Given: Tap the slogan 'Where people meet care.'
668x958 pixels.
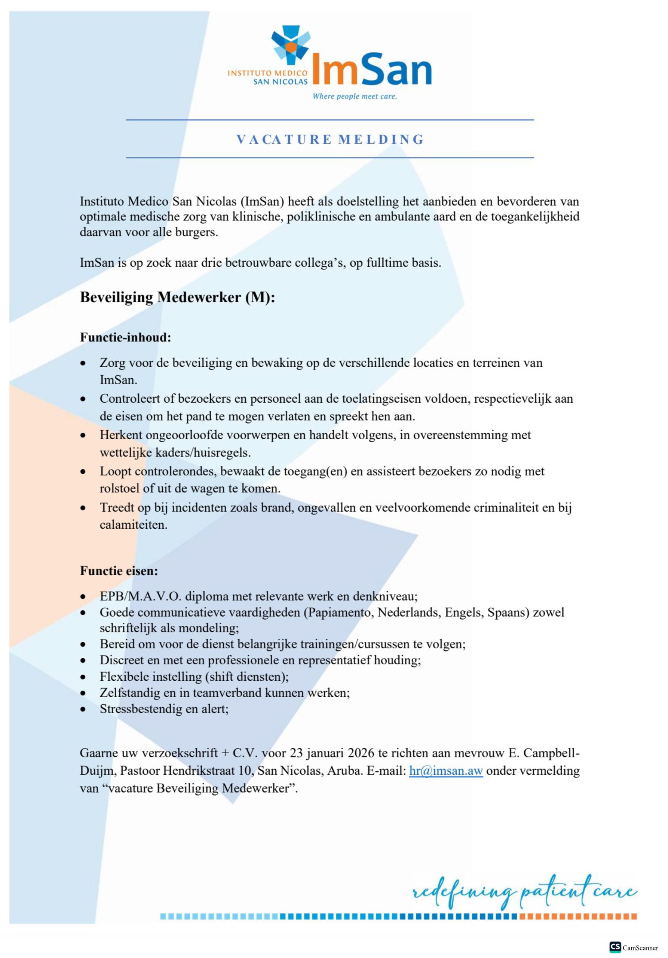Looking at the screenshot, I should pyautogui.click(x=355, y=97).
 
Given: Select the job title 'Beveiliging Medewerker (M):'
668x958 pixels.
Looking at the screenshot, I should pyautogui.click(x=177, y=297).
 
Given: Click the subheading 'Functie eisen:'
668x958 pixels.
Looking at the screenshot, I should pyautogui.click(x=119, y=571).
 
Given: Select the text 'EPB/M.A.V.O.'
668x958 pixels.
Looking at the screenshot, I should pyautogui.click(x=141, y=596).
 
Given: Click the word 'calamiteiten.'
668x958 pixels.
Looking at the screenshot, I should pyautogui.click(x=134, y=525).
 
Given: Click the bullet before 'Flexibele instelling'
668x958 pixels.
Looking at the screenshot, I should pyautogui.click(x=83, y=677).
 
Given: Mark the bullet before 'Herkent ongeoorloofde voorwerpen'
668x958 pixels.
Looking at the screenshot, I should pyautogui.click(x=83, y=436).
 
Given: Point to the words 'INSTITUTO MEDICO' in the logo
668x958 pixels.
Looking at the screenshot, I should pyautogui.click(x=267, y=73).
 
